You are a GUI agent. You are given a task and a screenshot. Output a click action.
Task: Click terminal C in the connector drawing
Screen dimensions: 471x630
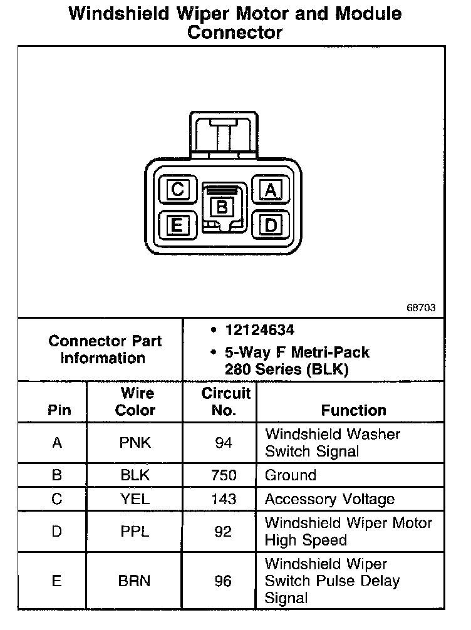tap(177, 189)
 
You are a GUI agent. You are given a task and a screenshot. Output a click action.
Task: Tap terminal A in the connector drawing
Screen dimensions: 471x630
tap(271, 189)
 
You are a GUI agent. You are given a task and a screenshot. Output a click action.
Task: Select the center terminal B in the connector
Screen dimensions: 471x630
tap(222, 206)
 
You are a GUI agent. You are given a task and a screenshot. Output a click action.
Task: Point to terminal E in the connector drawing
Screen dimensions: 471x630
tap(177, 224)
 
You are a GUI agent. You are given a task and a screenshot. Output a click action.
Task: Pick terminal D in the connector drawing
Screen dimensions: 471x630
tap(271, 224)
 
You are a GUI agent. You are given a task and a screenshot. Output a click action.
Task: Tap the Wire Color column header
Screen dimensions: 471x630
tap(137, 402)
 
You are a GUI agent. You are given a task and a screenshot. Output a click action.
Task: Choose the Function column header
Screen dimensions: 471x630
tap(353, 410)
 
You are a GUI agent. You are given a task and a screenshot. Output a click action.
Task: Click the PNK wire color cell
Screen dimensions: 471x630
tap(135, 443)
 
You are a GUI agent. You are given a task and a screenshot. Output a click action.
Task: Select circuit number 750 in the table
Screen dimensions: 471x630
tap(224, 475)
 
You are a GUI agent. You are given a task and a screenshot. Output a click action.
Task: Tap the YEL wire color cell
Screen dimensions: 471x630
tap(135, 499)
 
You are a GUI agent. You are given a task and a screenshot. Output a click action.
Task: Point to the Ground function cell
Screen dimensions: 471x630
tap(291, 475)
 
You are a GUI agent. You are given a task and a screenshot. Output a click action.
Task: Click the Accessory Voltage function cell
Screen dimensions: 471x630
tap(329, 499)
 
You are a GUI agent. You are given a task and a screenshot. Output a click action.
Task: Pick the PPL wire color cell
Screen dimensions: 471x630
tap(135, 532)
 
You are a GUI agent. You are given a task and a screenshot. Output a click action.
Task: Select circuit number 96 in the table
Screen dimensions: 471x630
tap(224, 581)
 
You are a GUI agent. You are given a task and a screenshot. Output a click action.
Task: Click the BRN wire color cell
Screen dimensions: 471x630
tap(135, 581)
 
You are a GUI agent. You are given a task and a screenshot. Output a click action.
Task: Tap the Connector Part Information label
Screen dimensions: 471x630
tap(105, 349)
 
